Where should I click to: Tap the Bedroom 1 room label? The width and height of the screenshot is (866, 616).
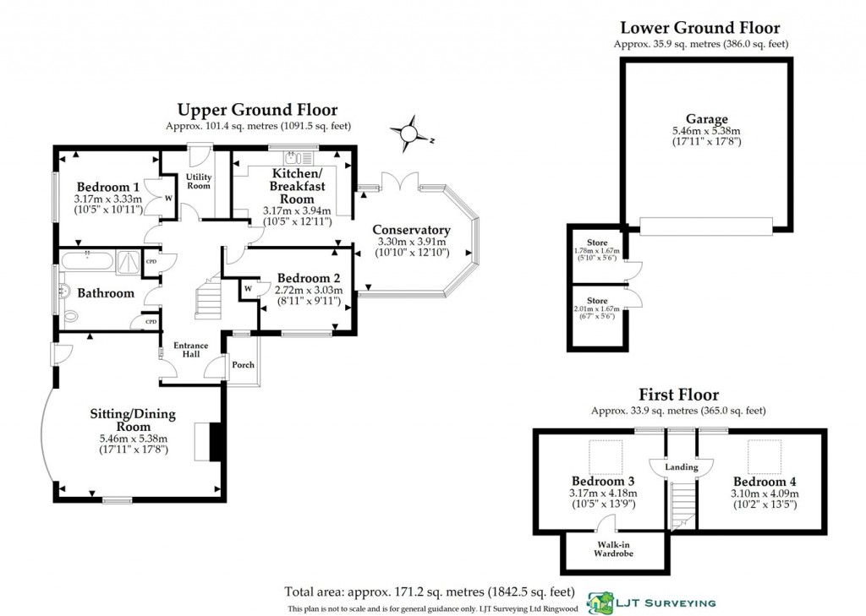(107, 187)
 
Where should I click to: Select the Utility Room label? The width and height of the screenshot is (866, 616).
(199, 180)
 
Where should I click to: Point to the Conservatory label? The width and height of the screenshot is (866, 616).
(412, 230)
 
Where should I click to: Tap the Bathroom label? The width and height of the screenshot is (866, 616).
(106, 293)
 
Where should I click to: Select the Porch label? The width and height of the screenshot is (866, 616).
(244, 365)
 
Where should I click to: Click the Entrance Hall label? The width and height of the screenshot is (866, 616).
(192, 351)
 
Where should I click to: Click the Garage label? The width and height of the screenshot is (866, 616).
(707, 119)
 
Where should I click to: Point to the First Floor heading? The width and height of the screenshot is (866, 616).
(678, 395)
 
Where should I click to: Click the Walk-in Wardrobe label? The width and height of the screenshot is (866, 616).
(615, 549)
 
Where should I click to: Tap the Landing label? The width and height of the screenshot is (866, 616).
(682, 467)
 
